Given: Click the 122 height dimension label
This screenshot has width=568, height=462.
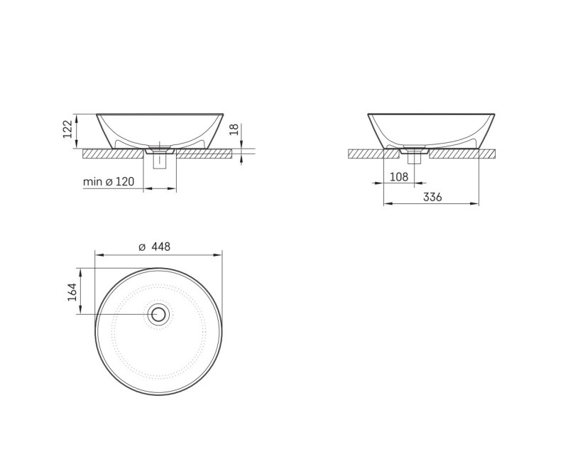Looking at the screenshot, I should [68, 130].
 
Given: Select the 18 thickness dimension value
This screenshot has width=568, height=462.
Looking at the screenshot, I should [234, 129].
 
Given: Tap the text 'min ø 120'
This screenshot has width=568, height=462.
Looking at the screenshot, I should [109, 182].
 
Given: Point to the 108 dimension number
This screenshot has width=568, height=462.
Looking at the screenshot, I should [400, 176].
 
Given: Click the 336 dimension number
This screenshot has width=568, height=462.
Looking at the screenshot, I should [432, 197].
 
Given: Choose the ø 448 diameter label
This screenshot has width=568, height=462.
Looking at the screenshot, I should [154, 247].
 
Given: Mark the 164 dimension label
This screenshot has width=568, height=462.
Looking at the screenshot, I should [72, 292].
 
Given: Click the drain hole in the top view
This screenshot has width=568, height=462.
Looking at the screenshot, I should [158, 314].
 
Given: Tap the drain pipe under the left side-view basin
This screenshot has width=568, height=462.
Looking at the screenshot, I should [160, 161].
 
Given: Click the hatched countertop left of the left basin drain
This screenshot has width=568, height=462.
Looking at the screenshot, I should [114, 153].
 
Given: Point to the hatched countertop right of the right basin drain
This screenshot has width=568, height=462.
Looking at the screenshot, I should [461, 153].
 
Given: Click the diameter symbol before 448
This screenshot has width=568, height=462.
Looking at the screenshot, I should [141, 247].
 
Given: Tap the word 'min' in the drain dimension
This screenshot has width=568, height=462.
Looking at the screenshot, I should [93, 182].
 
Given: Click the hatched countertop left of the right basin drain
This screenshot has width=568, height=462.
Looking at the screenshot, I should [369, 153].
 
